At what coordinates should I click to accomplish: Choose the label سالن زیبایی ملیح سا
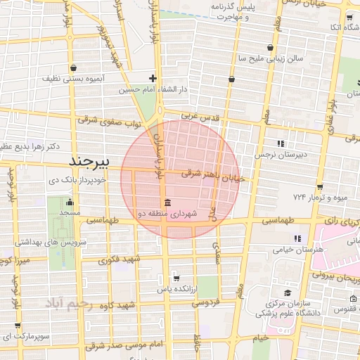tap(271, 58)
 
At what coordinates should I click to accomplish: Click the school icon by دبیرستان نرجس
tap(281, 143)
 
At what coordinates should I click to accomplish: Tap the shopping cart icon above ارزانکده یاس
tap(176, 278)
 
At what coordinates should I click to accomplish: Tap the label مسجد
tap(70, 212)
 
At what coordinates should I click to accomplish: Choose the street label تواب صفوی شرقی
tap(109, 122)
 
